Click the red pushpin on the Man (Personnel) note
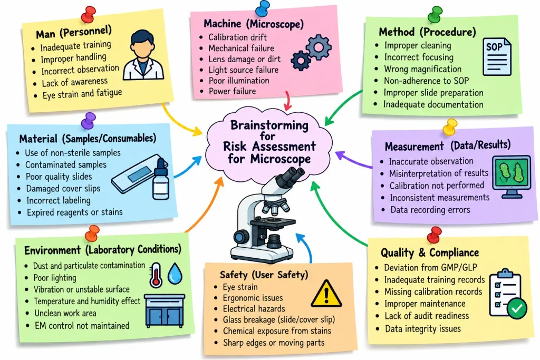[x=89, y=15]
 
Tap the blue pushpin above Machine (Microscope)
[x=263, y=8]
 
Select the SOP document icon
[x=497, y=57]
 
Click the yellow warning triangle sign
[x=326, y=294]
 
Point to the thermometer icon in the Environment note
[x=156, y=275]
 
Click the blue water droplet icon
[x=175, y=274]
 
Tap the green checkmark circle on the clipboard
[x=517, y=308]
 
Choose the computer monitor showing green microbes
[x=512, y=177]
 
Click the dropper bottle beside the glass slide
[x=161, y=179]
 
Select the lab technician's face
[x=142, y=48]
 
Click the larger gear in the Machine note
[x=319, y=47]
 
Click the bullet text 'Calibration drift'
[x=237, y=37]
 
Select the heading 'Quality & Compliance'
[x=429, y=252]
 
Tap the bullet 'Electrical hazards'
[x=254, y=308]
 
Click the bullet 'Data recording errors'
[x=430, y=210]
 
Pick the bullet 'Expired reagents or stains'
[x=74, y=212]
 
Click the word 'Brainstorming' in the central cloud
[x=269, y=125]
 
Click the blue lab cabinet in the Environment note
[x=165, y=311]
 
